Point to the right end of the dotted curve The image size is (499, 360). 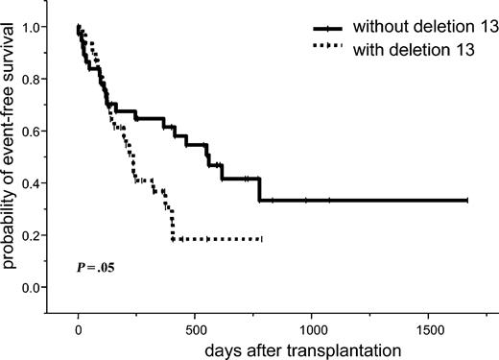click(261, 238)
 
